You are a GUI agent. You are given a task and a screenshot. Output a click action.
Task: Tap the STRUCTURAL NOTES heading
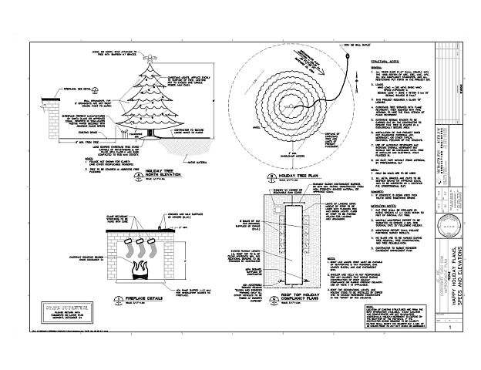point(385,59)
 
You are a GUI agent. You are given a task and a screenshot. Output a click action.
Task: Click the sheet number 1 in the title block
point(449,328)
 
